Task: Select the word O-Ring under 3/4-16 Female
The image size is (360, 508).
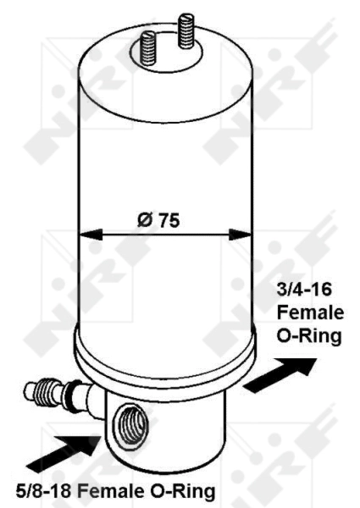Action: point(309,337)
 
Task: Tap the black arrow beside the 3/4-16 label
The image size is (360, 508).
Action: point(275,372)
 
